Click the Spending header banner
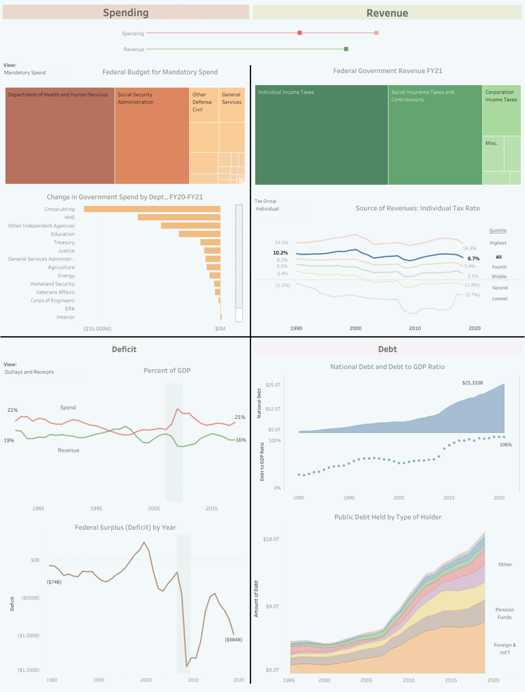click(126, 13)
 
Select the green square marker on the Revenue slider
click(346, 49)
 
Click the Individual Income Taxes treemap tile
click(321, 135)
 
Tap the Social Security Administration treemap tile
click(152, 136)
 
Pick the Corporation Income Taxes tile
click(501, 110)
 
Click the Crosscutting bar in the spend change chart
click(152, 209)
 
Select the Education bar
click(199, 234)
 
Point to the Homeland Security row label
click(52, 284)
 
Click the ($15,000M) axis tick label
click(97, 328)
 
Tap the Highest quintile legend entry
click(498, 243)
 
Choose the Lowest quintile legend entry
click(499, 299)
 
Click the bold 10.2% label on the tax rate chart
click(280, 253)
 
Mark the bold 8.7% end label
click(473, 259)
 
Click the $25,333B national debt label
click(472, 383)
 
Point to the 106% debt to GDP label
click(506, 445)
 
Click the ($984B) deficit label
click(233, 640)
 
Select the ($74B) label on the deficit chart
click(54, 582)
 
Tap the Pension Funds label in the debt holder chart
click(504, 614)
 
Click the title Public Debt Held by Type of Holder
click(388, 517)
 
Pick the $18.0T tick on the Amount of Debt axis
click(271, 539)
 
